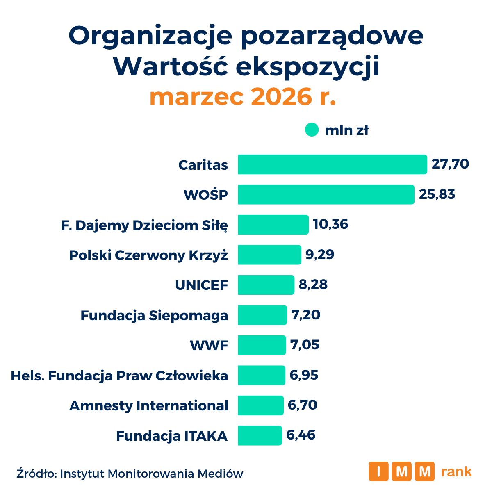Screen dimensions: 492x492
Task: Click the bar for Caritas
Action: [x=333, y=164]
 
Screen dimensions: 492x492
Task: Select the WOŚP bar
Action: [x=326, y=194]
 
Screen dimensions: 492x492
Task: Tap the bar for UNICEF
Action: [x=266, y=285]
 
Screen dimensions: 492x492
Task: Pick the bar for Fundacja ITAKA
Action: [x=260, y=435]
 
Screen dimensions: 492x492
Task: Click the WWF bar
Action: [x=262, y=345]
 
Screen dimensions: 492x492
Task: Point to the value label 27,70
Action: [x=450, y=164]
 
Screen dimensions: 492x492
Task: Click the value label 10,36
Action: [x=330, y=224]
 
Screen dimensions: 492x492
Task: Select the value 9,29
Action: [x=320, y=255]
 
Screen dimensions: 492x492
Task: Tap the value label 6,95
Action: [x=304, y=375]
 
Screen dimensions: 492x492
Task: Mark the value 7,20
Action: [x=305, y=315]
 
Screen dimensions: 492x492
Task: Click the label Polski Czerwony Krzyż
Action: [x=148, y=255]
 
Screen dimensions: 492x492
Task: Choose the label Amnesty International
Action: [x=149, y=405]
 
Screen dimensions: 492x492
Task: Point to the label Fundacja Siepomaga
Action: [x=154, y=315]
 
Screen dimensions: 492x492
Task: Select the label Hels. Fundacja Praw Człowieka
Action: [x=119, y=376]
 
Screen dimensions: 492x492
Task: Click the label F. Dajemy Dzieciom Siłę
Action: [x=144, y=225]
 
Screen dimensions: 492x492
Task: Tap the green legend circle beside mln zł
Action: [x=312, y=130]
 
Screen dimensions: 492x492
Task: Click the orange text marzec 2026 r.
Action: [x=243, y=97]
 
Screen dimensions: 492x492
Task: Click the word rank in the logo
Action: [x=456, y=471]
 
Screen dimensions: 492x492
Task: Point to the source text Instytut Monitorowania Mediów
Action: [x=152, y=474]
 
